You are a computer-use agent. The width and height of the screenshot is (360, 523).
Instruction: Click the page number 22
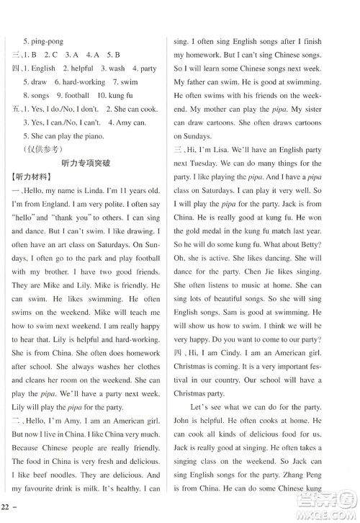[x=9, y=513]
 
